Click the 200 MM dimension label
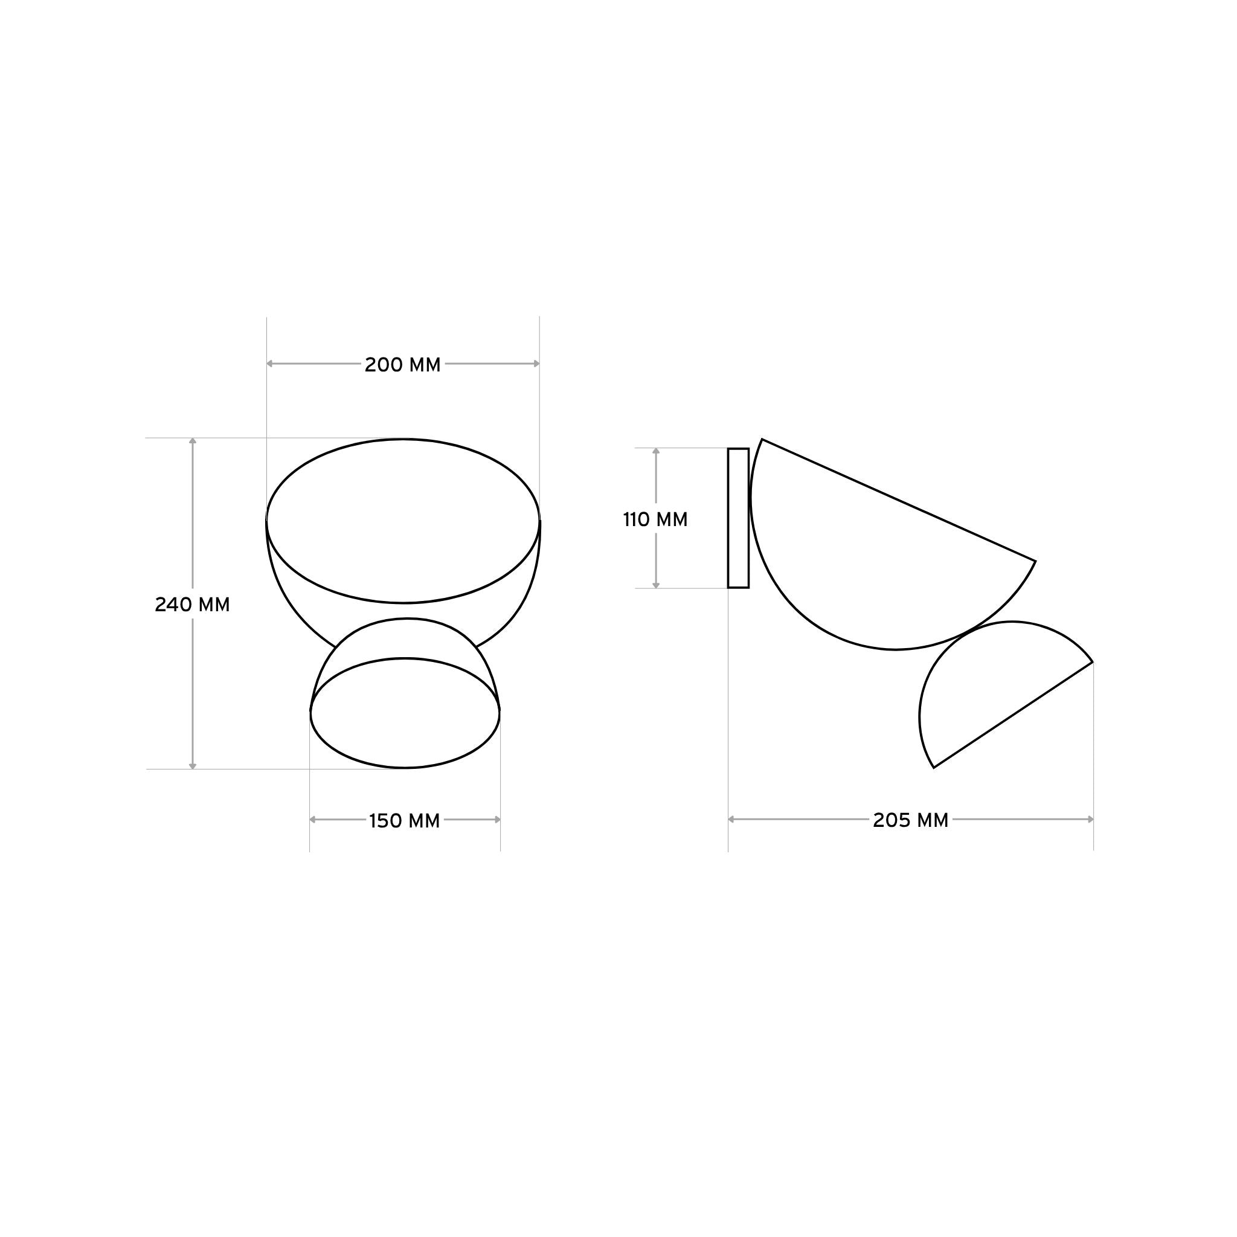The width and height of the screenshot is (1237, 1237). pyautogui.click(x=403, y=365)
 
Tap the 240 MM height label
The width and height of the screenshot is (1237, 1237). pyautogui.click(x=192, y=605)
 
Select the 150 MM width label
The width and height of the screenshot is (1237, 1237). pyautogui.click(x=405, y=821)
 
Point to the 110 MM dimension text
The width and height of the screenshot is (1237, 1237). pyautogui.click(x=655, y=519)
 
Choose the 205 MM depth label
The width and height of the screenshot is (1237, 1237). pyautogui.click(x=910, y=820)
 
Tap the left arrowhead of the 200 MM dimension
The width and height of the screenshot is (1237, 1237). pyautogui.click(x=270, y=364)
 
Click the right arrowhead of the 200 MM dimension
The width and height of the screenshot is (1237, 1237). pyautogui.click(x=536, y=364)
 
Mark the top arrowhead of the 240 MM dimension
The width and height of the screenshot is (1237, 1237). pyautogui.click(x=193, y=441)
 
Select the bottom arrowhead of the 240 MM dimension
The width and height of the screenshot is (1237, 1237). pyautogui.click(x=193, y=765)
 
